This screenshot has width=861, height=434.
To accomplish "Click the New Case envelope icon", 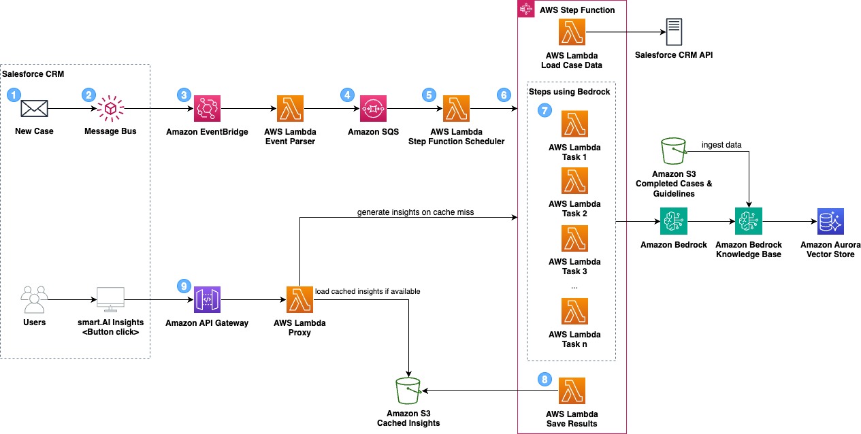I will click(33, 109).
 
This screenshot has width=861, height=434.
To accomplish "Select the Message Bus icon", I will click(110, 109).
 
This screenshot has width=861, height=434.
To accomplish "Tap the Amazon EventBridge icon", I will click(207, 109).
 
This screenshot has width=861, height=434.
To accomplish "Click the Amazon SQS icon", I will click(373, 109).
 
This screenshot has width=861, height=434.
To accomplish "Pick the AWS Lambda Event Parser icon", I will click(291, 109).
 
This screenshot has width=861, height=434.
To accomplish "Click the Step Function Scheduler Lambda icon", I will click(456, 109).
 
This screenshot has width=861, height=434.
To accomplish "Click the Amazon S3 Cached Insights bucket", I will click(408, 390).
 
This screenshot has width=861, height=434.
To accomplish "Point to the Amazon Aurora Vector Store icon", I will click(830, 222).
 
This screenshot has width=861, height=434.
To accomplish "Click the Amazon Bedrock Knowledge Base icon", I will click(748, 222).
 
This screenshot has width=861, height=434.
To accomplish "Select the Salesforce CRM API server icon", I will click(674, 32).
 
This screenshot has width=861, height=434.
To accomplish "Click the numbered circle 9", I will click(180, 287).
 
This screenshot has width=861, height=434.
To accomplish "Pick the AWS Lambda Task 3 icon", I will click(574, 239).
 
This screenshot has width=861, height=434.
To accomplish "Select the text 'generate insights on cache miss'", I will click(415, 212).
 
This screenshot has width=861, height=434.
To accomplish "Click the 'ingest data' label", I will click(721, 144).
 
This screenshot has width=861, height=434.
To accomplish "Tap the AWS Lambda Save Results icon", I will click(572, 391).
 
